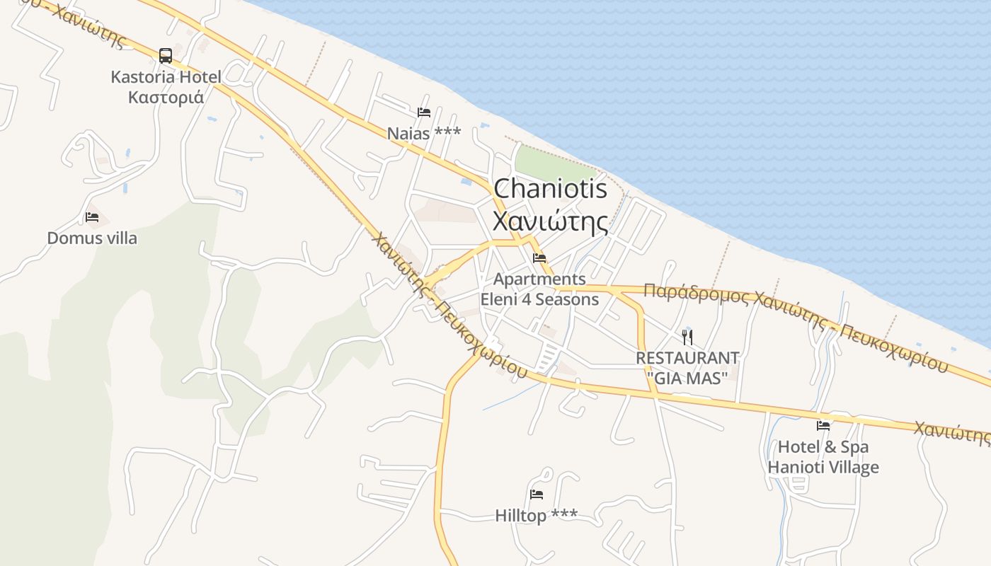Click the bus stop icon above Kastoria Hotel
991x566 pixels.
[166, 55]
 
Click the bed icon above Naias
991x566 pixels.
[424, 112]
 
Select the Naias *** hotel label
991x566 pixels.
[424, 133]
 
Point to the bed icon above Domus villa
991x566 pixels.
[92, 217]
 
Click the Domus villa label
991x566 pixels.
[92, 238]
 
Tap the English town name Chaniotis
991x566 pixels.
[550, 189]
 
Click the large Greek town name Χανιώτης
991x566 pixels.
[550, 221]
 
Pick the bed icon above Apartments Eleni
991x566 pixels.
[539, 258]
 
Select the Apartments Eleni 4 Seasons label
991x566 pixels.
[539, 289]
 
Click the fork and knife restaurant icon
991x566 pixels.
[687, 337]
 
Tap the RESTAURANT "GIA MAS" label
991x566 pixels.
[687, 368]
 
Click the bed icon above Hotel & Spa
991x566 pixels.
[823, 426]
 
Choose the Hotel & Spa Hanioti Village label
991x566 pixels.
[823, 457]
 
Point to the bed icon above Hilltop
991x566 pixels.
[537, 495]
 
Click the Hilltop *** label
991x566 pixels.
[537, 516]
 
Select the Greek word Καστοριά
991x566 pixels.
[166, 97]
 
